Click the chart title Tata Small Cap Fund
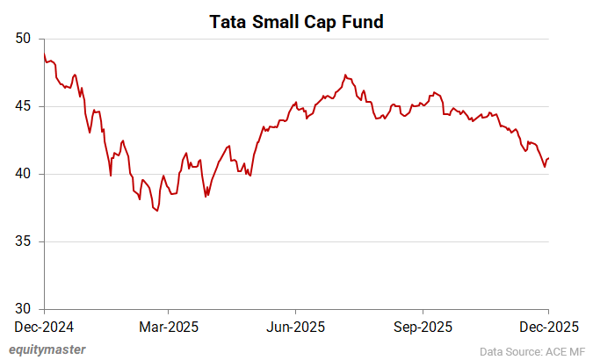pyautogui.click(x=296, y=22)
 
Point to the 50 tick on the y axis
pyautogui.click(x=23, y=39)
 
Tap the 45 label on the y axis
pyautogui.click(x=23, y=106)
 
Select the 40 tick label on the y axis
pyautogui.click(x=23, y=174)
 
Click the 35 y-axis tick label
pyautogui.click(x=23, y=241)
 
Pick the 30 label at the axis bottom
pyautogui.click(x=23, y=309)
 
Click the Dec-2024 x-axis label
pyautogui.click(x=44, y=327)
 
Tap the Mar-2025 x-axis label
pyautogui.click(x=170, y=327)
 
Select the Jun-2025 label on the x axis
pyautogui.click(x=296, y=327)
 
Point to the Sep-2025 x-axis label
pyautogui.click(x=423, y=327)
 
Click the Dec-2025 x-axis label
pyautogui.click(x=548, y=327)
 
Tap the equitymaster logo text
pyautogui.click(x=48, y=349)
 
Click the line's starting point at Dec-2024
pyautogui.click(x=44, y=53)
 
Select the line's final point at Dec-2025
pyautogui.click(x=549, y=158)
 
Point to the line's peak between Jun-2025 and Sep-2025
pyautogui.click(x=345, y=75)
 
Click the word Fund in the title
pyautogui.click(x=364, y=22)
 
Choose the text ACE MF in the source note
pyautogui.click(x=562, y=349)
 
